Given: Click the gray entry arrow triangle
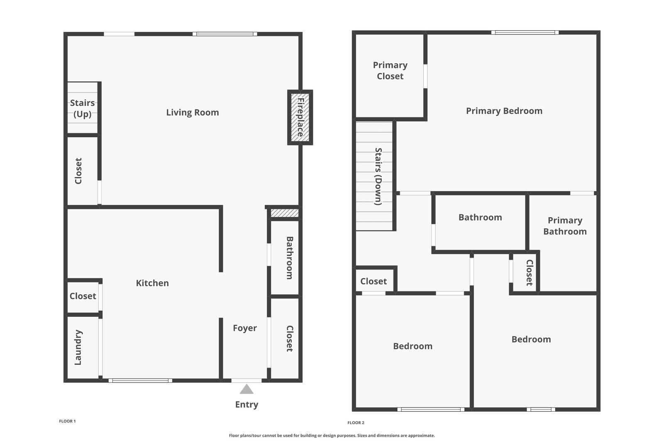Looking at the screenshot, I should point(247,389).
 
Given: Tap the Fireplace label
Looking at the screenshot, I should point(300,117).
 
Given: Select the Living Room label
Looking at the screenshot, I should point(192,112).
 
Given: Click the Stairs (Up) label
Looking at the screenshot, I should point(82,108).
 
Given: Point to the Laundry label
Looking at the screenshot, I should point(78,347).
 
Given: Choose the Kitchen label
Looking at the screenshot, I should point(152,283).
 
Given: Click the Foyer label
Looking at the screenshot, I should point(244,328).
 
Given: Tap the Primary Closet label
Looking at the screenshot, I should point(390,70).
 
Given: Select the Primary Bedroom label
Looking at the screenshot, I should point(504,111).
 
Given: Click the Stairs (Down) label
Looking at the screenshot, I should point(378,176).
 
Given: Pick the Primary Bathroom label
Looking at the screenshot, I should point(564,226).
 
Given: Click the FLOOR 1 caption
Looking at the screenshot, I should point(67,421).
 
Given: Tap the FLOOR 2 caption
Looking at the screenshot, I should point(356,423).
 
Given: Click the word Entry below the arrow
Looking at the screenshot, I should point(247,405).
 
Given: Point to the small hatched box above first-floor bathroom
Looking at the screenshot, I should point(284,213).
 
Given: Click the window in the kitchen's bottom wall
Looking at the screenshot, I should point(140,380).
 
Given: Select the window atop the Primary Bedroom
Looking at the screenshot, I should point(525,32).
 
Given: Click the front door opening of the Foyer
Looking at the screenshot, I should point(247,380).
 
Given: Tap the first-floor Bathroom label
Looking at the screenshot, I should point(290,257).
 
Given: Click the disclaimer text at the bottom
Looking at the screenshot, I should point(332,435).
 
